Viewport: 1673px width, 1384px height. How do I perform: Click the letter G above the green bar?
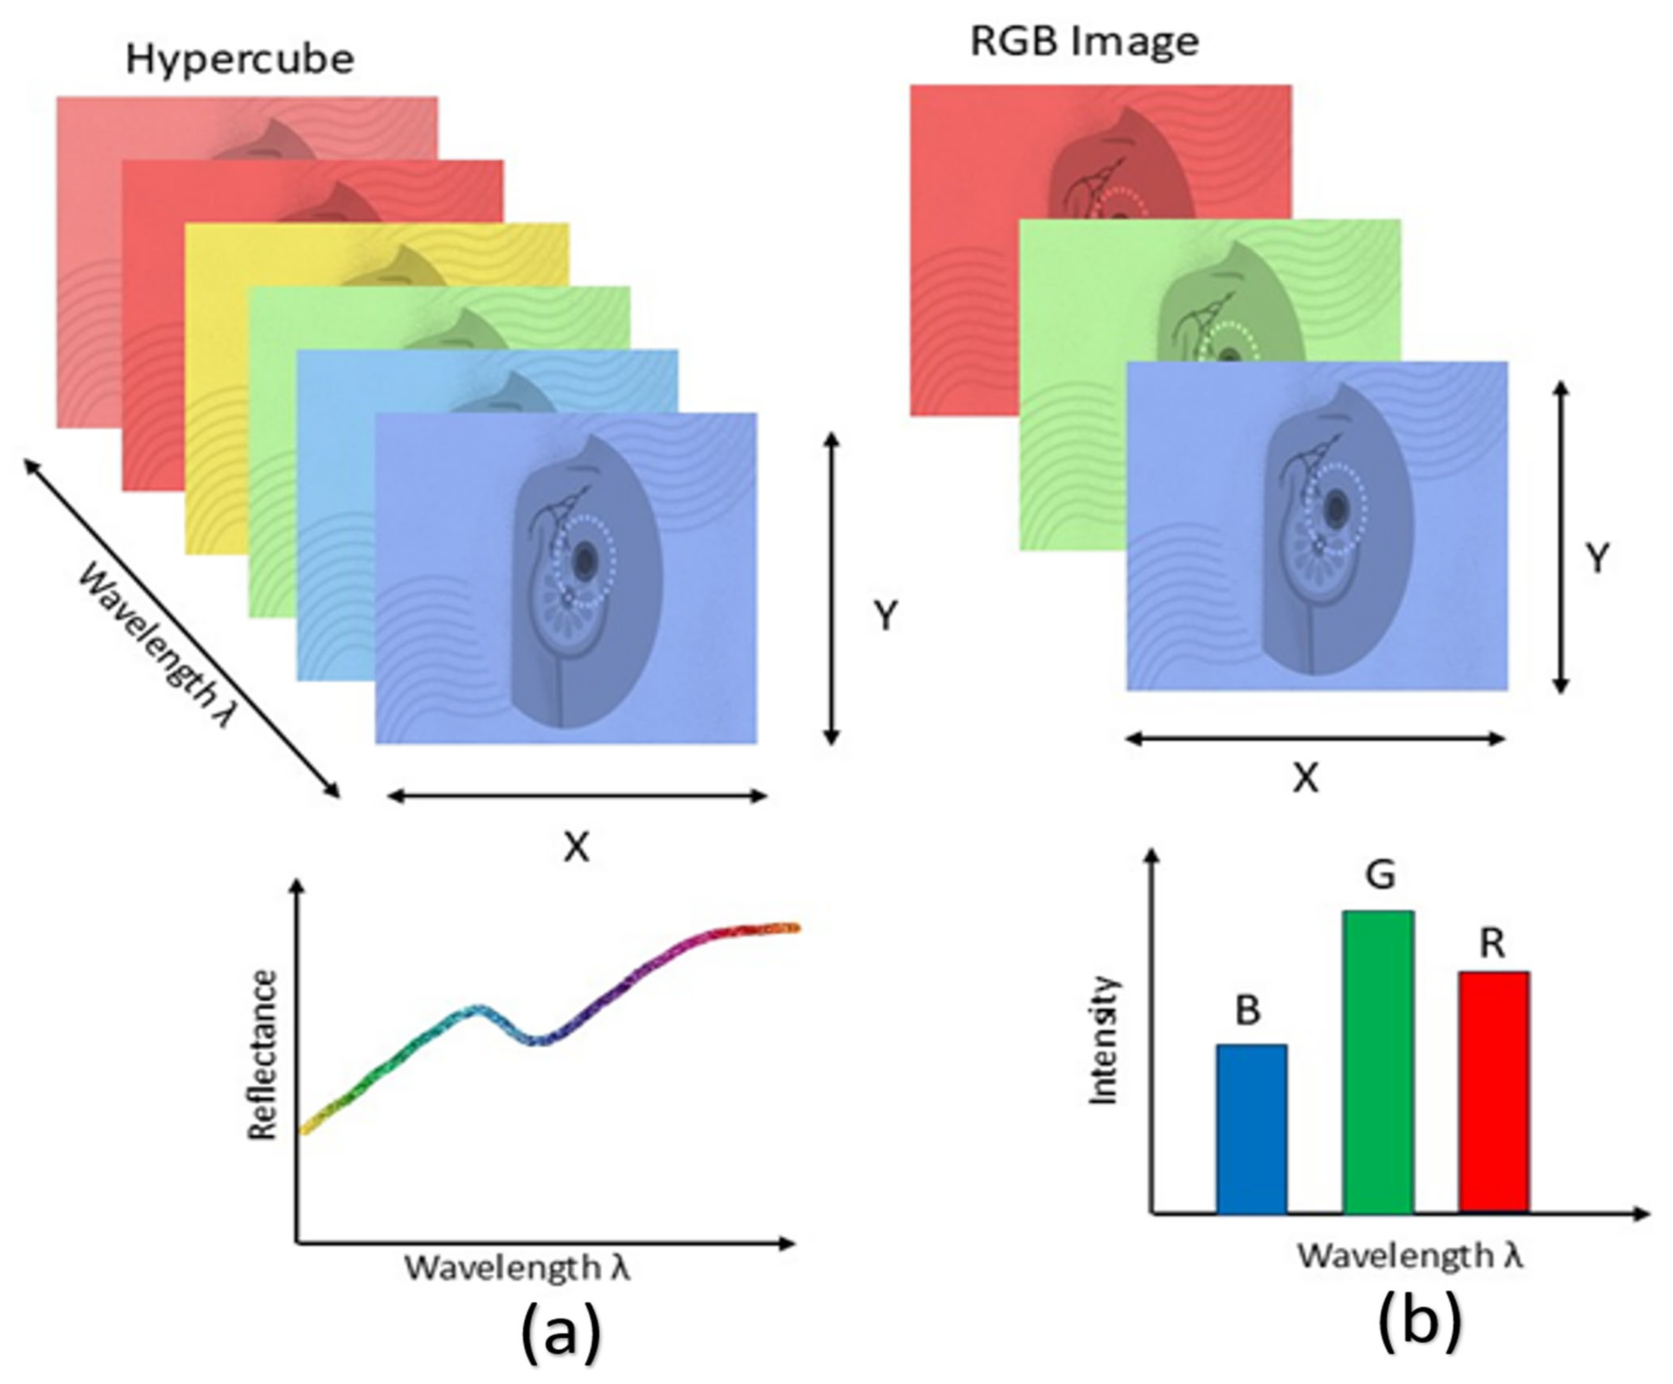[1380, 875]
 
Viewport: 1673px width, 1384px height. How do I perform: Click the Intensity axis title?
[1104, 1040]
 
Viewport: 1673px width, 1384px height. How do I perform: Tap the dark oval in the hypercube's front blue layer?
[585, 562]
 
